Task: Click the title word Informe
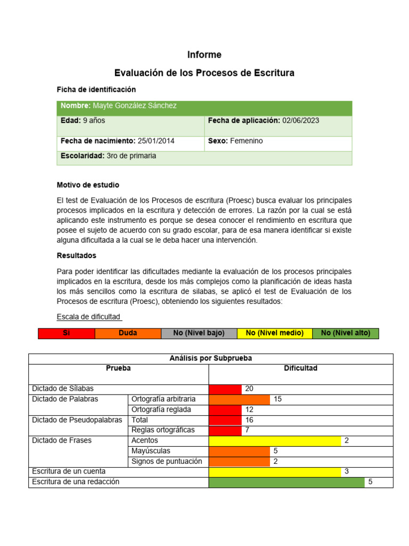click(x=204, y=55)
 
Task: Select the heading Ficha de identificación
click(x=96, y=90)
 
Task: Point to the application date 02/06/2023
click(x=300, y=121)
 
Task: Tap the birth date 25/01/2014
click(x=156, y=141)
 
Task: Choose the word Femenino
click(x=246, y=141)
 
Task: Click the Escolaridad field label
click(x=83, y=156)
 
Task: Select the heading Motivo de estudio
click(x=88, y=185)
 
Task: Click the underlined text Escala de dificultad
click(x=89, y=317)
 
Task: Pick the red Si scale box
click(x=67, y=333)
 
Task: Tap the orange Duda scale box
click(x=128, y=333)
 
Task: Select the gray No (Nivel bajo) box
click(x=199, y=333)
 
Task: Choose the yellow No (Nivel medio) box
click(x=275, y=333)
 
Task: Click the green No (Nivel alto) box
click(x=346, y=333)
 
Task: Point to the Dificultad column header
click(x=301, y=368)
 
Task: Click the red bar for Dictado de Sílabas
click(x=225, y=389)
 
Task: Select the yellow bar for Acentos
click(x=275, y=441)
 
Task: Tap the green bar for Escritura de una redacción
click(x=287, y=482)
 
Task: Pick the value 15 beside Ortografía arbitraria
click(x=277, y=399)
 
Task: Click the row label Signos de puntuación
click(x=167, y=461)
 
